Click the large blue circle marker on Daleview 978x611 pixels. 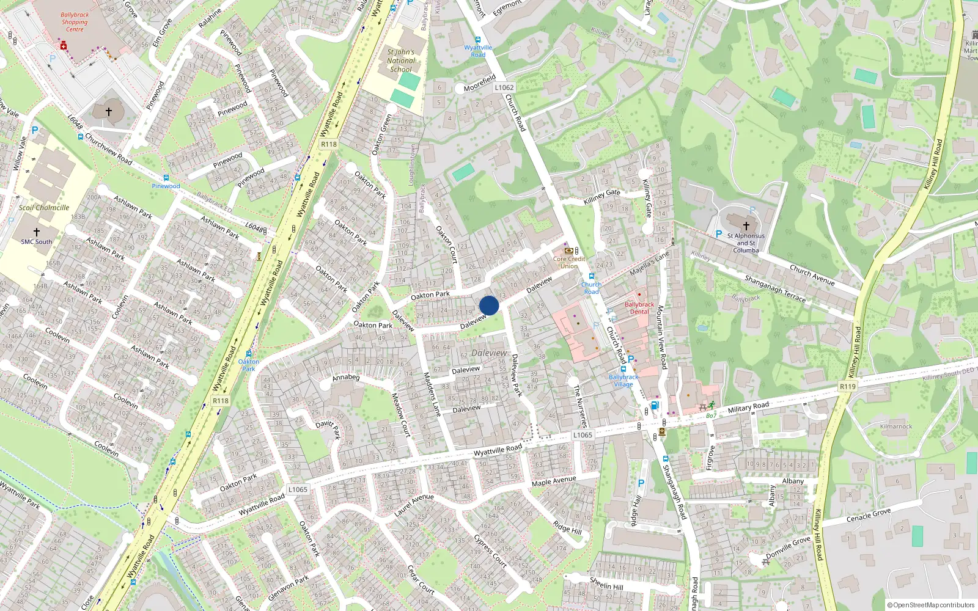point(489,305)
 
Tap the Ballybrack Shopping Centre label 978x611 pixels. point(75,22)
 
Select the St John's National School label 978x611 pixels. point(401,60)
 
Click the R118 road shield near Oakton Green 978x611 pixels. point(329,144)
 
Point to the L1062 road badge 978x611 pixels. point(504,87)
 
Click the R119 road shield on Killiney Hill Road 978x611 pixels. point(848,386)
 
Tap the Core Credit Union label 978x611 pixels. point(569,262)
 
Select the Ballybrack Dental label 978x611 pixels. point(639,308)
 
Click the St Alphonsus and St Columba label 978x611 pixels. point(746,243)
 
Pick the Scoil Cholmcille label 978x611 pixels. point(44,208)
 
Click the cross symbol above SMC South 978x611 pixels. point(37,232)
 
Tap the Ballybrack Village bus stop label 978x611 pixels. point(623,381)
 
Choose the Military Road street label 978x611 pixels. point(748,407)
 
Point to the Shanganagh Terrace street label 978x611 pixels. point(775,288)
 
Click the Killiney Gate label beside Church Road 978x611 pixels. point(602,196)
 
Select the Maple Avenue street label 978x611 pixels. point(554,481)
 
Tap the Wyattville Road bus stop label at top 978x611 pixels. point(478,51)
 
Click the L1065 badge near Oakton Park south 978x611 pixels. point(298,489)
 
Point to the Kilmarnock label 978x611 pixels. point(896,426)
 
